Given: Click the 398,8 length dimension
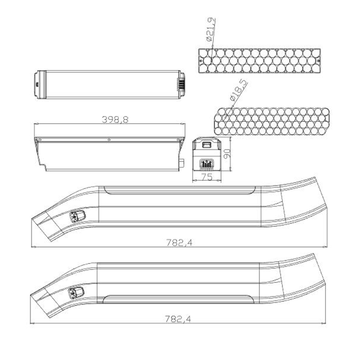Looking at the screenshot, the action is (x=115, y=120).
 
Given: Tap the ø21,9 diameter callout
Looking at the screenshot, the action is (x=211, y=29).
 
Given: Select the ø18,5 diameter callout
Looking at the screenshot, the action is (x=238, y=90).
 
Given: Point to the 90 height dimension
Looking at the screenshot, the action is (x=227, y=154).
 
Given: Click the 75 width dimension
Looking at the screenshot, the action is (x=206, y=177).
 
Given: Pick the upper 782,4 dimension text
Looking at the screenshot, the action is (x=179, y=242).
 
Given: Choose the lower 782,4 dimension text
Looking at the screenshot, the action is (x=178, y=319).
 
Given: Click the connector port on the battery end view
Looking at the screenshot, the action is (x=206, y=164).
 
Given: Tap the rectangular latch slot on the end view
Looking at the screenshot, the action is (x=206, y=145).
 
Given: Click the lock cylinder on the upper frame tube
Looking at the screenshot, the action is (x=78, y=216).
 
